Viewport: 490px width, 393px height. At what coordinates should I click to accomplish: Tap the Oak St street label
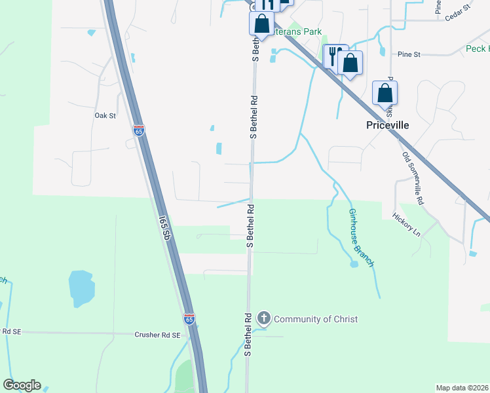pos(105,116)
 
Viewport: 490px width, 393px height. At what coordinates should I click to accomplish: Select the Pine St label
pos(408,54)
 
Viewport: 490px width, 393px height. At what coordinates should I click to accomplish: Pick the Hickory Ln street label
pos(406,223)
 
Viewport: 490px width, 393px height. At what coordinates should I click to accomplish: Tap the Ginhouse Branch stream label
pos(361,237)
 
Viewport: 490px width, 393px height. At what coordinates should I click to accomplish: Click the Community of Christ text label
pos(316,319)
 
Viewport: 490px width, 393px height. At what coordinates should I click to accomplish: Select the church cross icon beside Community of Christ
pos(263,319)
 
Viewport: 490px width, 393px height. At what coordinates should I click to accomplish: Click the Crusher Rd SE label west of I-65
pos(157,335)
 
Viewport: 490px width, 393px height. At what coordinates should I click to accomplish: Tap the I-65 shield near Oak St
pos(138,130)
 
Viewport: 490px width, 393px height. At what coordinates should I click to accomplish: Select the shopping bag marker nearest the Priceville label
pos(385,93)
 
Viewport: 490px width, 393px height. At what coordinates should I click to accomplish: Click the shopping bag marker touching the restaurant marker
pos(350,64)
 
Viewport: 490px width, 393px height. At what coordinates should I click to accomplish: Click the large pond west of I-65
pos(81,288)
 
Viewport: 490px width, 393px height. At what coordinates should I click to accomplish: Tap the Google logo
pos(22,385)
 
